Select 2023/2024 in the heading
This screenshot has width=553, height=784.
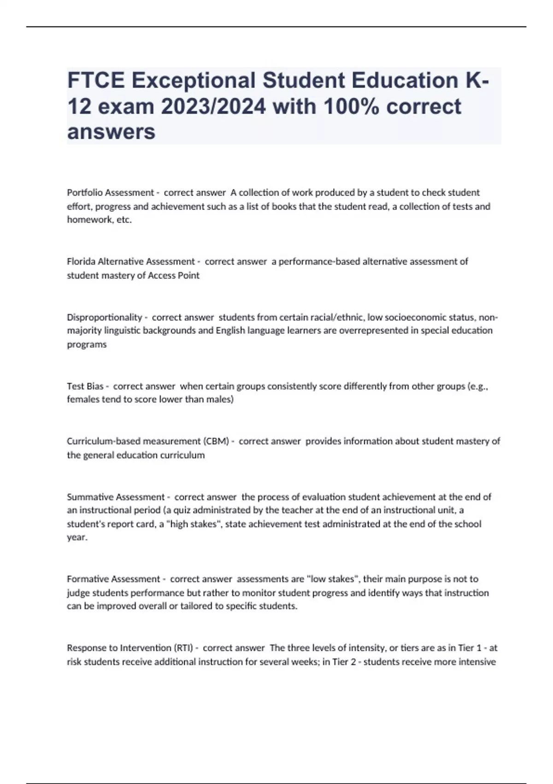tap(213, 107)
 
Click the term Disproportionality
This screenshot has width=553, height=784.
tap(105, 317)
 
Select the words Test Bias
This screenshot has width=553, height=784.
tap(85, 386)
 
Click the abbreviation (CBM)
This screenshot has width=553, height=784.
tap(216, 441)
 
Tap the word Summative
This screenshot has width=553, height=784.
tap(90, 497)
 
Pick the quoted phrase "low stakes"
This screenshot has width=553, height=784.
tap(332, 579)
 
